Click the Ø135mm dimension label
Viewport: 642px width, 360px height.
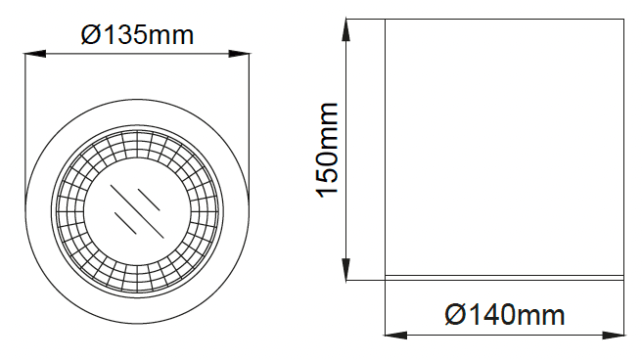137,34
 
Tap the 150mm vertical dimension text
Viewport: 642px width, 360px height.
328,150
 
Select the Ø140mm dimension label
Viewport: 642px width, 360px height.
505,315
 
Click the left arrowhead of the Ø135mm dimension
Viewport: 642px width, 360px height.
35,53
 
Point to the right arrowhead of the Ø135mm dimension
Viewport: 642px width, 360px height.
239,53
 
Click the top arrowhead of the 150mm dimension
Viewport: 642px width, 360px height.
346,30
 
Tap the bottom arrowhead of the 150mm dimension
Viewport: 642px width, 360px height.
346,270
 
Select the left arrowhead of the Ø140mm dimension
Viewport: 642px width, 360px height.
396,336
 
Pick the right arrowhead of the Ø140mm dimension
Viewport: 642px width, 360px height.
614,336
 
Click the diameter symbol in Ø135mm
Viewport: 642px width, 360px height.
90,34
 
